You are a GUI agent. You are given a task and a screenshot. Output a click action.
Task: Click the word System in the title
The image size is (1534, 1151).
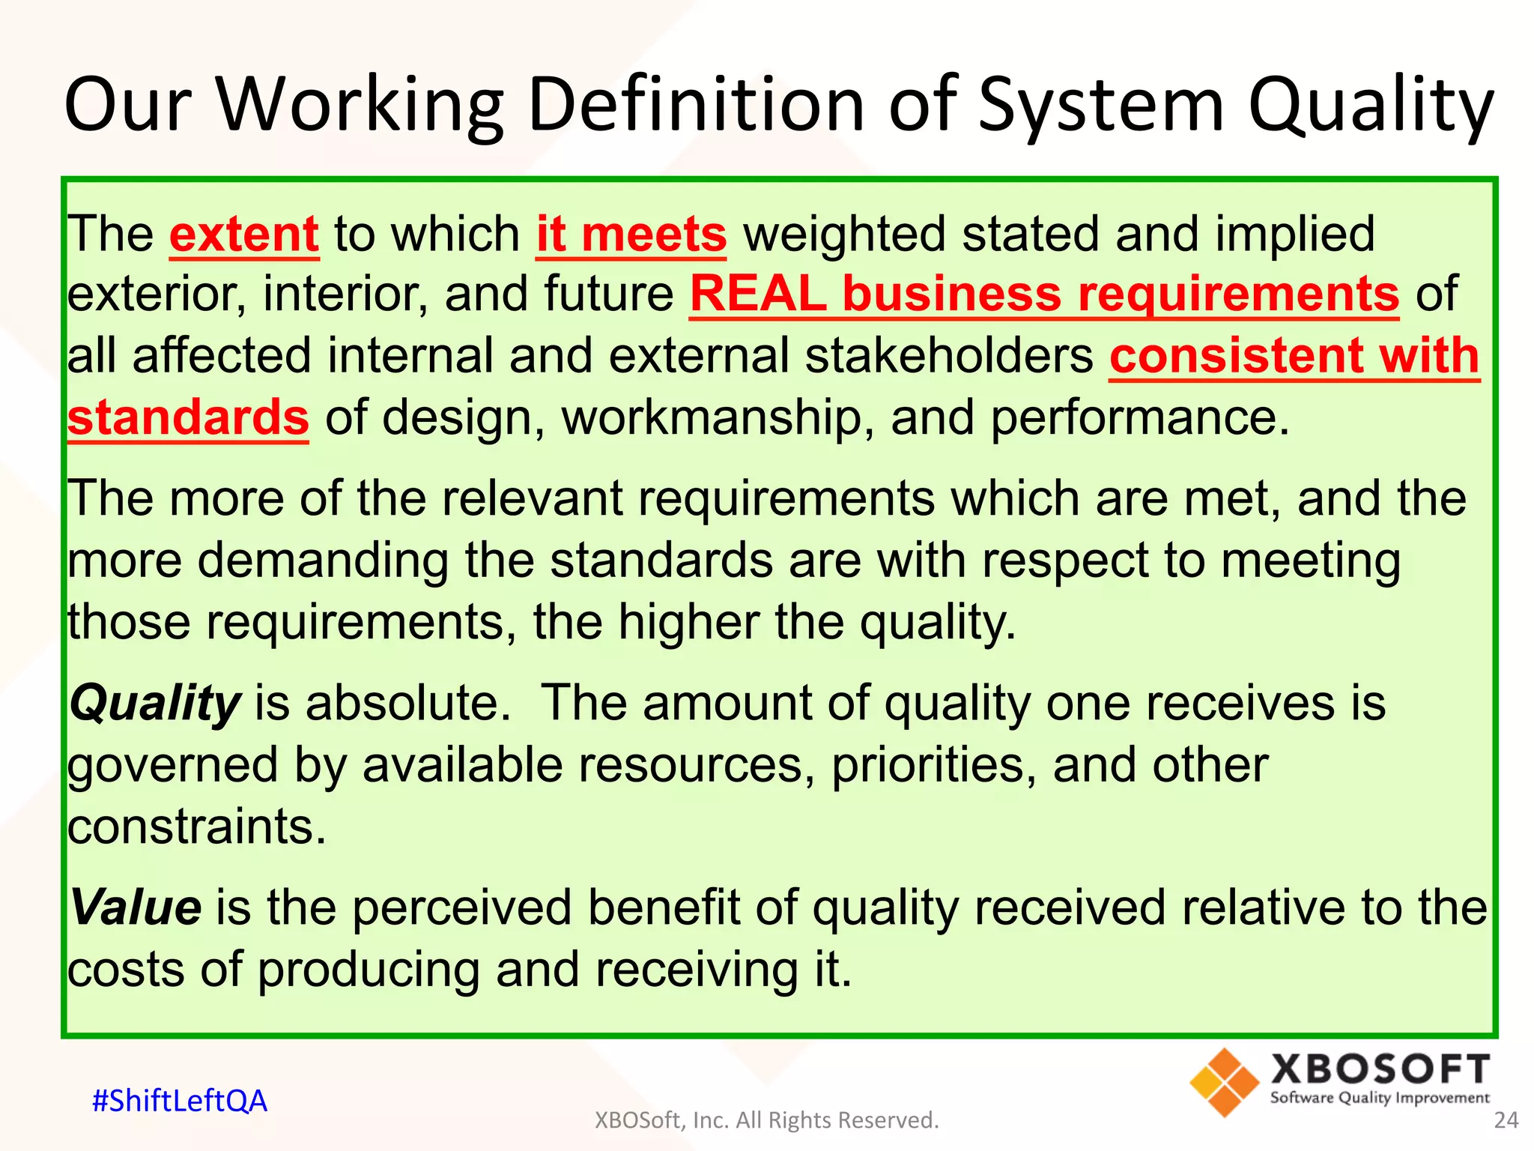[x=1101, y=105]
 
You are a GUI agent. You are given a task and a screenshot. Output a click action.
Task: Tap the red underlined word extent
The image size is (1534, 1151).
[x=244, y=235]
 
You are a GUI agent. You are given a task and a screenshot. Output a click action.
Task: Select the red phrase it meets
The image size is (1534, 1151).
[x=631, y=235]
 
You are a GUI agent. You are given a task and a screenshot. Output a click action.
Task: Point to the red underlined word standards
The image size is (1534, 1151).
[x=188, y=417]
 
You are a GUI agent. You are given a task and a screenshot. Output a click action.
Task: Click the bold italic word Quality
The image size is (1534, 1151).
[x=154, y=704]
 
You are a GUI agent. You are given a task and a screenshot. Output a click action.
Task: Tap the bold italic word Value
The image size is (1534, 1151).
[x=136, y=907]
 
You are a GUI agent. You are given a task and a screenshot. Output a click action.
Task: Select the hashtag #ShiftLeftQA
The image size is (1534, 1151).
[x=179, y=1101]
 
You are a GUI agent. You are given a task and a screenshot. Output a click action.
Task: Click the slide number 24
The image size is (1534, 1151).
[x=1506, y=1120]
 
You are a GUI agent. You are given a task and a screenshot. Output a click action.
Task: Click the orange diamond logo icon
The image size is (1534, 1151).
[x=1224, y=1083]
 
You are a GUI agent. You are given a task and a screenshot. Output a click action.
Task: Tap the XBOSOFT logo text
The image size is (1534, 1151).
[x=1380, y=1069]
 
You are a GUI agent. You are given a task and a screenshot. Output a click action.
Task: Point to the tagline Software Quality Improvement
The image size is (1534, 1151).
[x=1380, y=1099]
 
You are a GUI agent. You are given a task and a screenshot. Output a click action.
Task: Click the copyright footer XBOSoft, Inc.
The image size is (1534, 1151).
[x=766, y=1120]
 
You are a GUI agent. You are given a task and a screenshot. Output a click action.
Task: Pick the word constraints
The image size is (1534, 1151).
[x=197, y=827]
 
